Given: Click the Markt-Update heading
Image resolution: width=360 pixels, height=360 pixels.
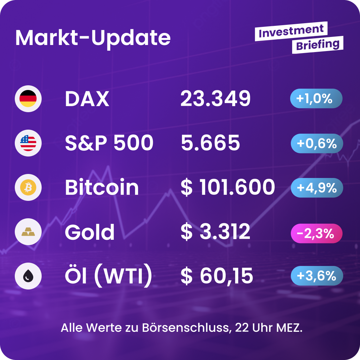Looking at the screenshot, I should (93, 38).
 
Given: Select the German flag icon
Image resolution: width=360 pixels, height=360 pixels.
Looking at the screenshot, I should (28, 99).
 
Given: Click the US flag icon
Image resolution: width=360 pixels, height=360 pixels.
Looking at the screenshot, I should (28, 143).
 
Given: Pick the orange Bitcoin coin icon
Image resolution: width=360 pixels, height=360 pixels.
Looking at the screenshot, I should (28, 187).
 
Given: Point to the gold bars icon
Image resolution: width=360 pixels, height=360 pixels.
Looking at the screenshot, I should (28, 232).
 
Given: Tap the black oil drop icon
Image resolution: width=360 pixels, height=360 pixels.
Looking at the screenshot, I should (28, 276).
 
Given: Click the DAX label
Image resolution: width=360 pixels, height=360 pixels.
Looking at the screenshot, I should (87, 99).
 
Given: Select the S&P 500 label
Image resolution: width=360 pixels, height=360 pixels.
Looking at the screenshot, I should (109, 143).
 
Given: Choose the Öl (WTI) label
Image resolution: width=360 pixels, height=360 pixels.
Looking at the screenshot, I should (108, 276).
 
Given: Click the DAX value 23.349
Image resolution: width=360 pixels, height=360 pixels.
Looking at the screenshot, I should (216, 99).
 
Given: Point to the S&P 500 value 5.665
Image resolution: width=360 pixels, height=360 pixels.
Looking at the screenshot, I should (210, 143).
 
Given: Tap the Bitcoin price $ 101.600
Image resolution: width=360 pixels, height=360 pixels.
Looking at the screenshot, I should (228, 187).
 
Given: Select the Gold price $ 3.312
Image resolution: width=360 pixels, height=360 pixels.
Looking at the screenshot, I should (216, 232).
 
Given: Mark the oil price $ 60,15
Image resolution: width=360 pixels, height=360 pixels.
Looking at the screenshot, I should (217, 276).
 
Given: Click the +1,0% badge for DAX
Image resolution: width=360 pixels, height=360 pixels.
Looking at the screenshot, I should (316, 99).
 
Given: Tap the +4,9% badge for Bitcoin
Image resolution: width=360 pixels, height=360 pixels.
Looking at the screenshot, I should (317, 188).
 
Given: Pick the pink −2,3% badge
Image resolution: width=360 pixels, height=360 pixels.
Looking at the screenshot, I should (316, 233).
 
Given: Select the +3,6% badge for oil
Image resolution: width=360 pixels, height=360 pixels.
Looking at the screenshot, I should (317, 276).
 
